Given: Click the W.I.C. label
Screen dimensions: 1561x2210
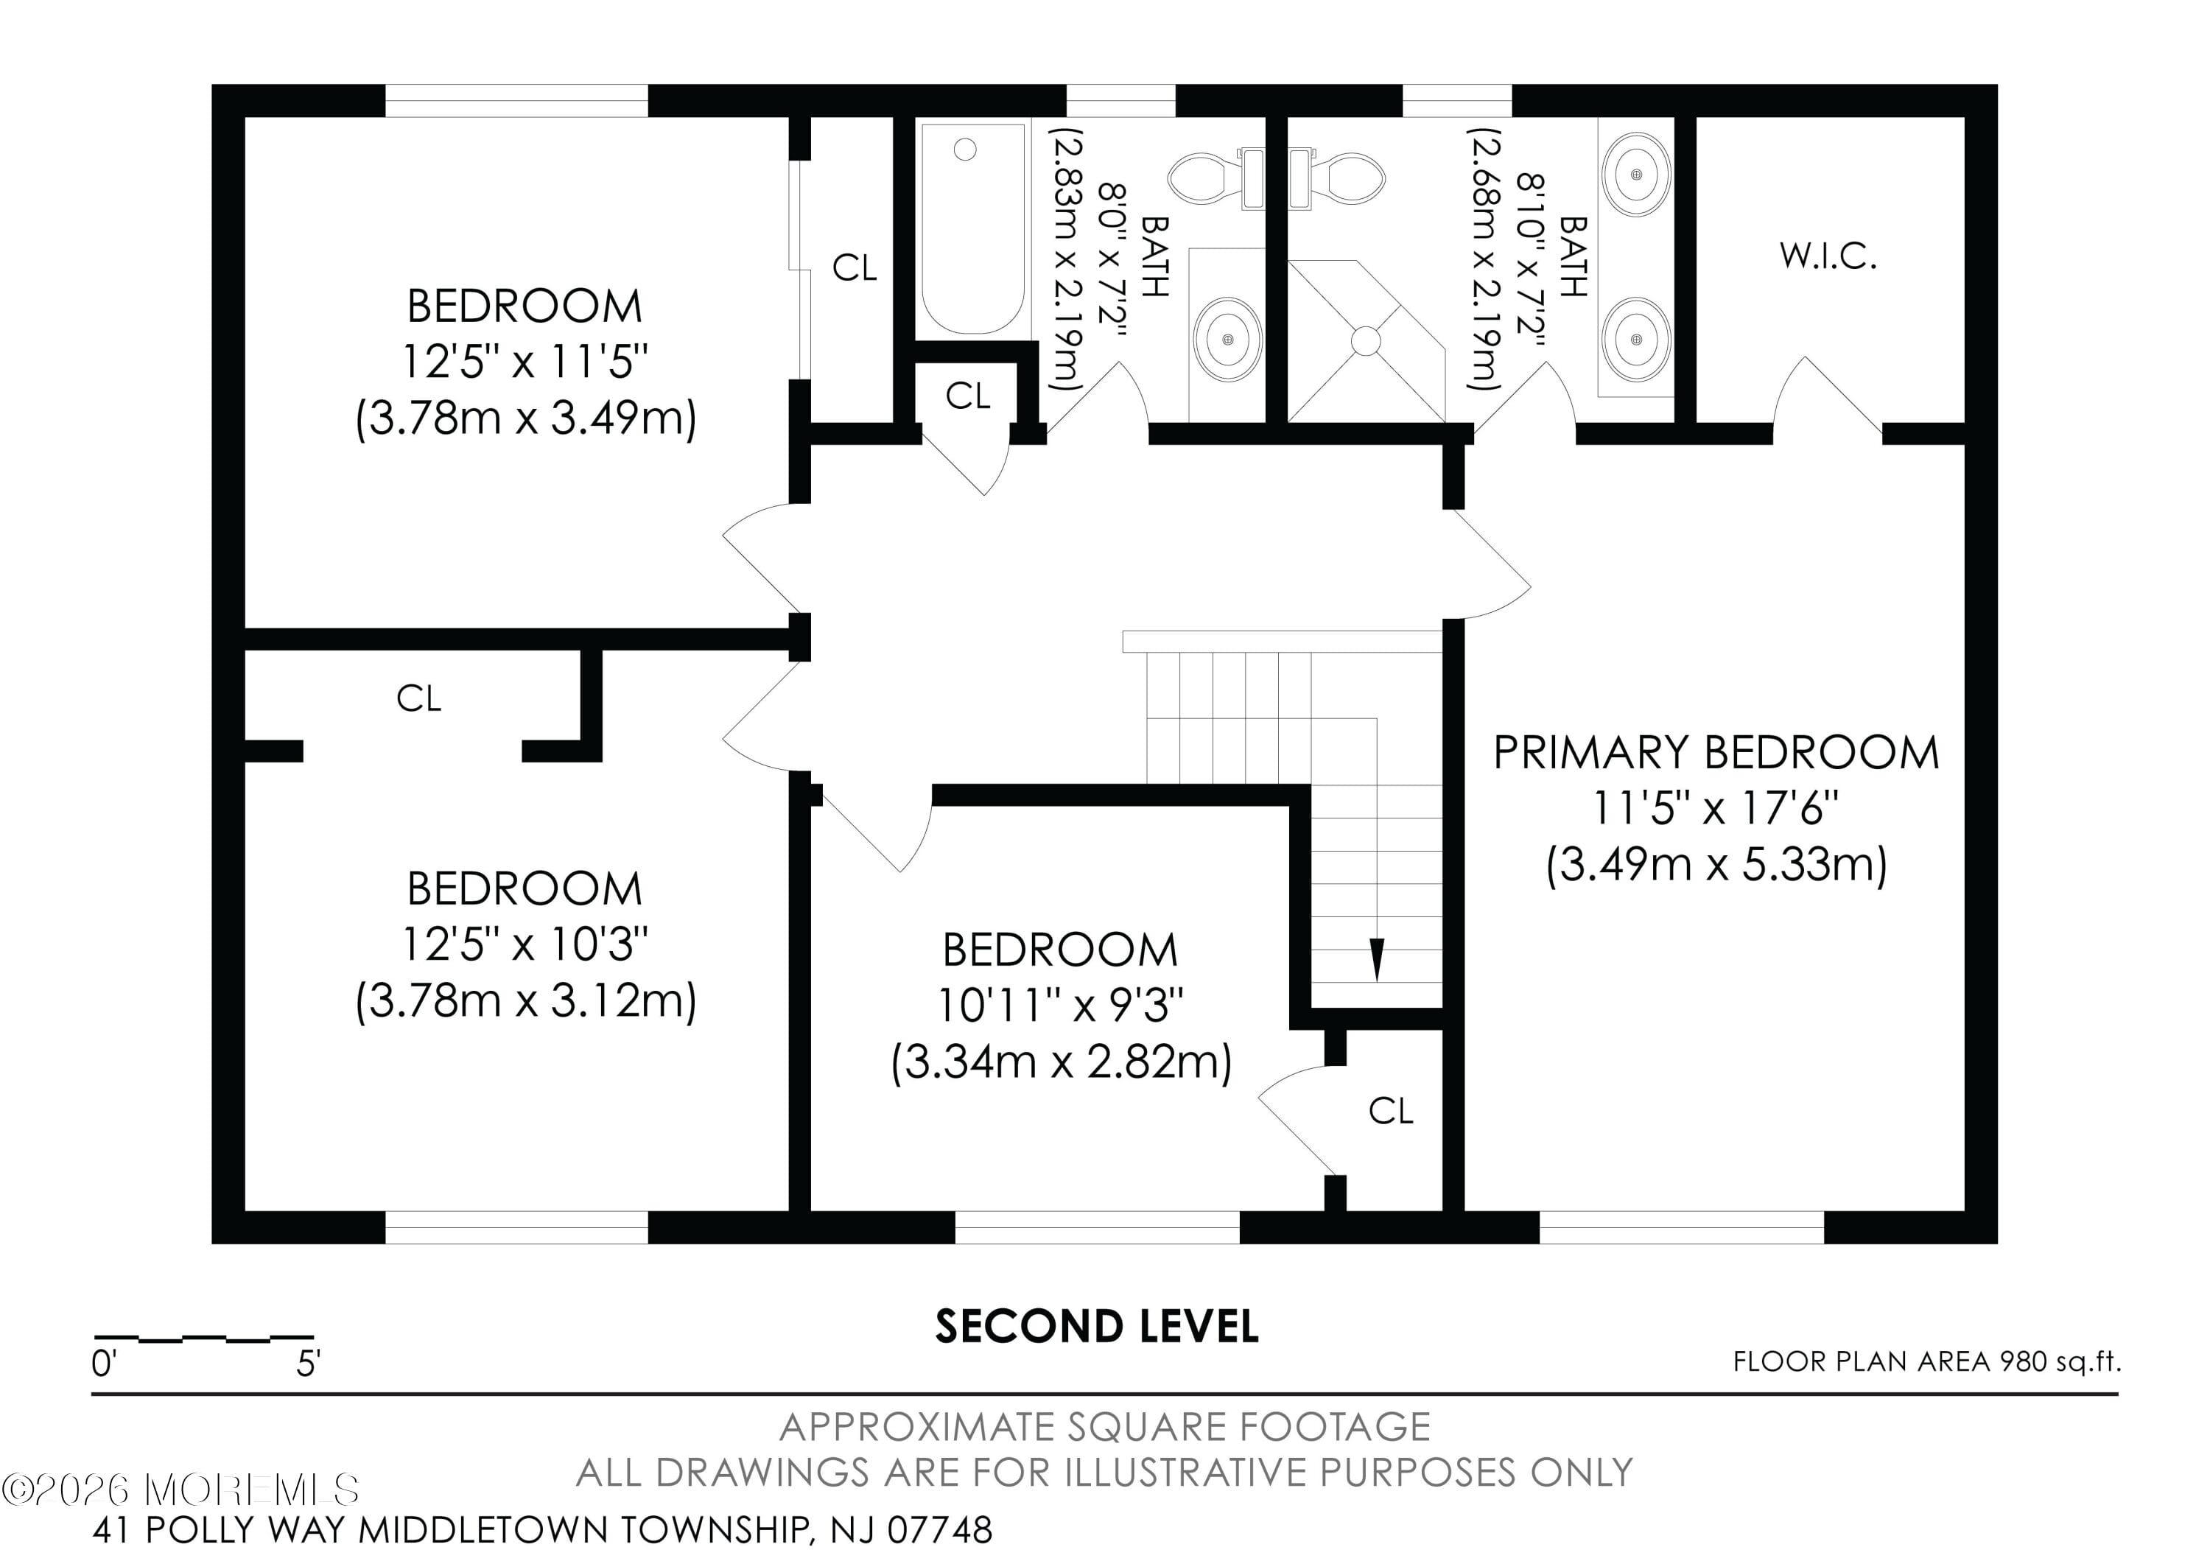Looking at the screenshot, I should [x=1827, y=257].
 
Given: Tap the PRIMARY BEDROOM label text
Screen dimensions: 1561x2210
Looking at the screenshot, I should [x=1715, y=753].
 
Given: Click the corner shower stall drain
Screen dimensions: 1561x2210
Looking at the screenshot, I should [x=1365, y=340].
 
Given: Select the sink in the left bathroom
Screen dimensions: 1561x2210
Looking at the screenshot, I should [x=1227, y=339].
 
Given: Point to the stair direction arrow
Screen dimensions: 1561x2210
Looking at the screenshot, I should [x=1376, y=958].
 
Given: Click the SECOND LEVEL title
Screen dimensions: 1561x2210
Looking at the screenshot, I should [x=1096, y=1326].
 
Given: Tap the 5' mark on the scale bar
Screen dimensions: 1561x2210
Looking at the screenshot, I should [x=308, y=1363].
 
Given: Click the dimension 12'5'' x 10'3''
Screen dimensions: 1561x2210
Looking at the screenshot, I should [x=525, y=945].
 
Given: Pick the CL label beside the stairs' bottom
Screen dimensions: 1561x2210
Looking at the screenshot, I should [x=1390, y=1112].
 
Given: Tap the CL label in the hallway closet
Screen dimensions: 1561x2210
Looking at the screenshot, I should [x=967, y=396].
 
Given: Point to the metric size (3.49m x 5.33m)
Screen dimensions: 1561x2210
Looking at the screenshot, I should [x=1715, y=864].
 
